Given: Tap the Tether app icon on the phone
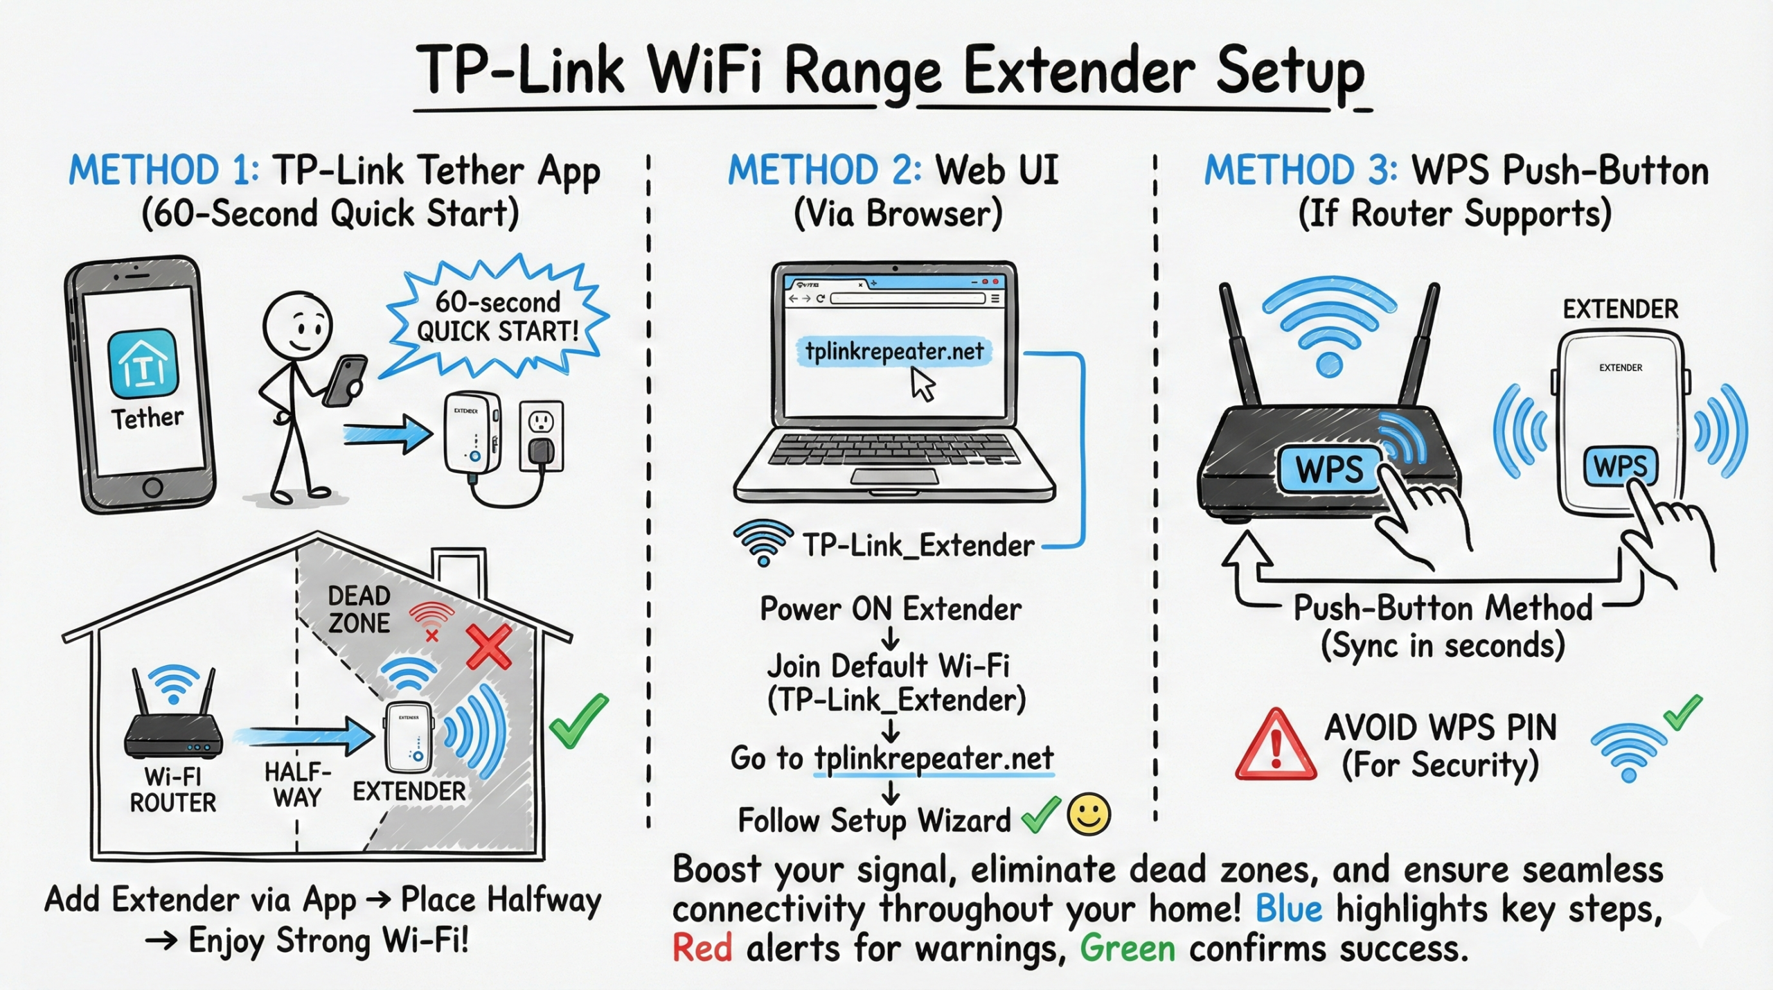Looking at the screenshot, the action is point(143,363).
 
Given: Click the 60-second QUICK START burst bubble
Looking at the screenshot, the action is point(497,317).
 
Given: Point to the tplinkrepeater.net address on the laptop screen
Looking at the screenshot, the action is point(893,352).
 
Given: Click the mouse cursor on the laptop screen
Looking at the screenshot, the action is point(923,384).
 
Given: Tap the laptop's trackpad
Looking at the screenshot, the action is point(893,476).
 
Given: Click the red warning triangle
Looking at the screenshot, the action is point(1276,747).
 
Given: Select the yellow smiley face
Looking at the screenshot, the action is point(1089,814).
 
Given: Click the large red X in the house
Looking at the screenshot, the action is point(489,646).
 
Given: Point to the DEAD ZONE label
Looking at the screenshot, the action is point(359,610).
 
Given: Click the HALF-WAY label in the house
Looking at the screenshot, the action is point(298,785).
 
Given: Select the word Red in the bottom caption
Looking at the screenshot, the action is point(702,948).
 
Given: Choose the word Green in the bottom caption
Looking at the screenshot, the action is point(1128,948).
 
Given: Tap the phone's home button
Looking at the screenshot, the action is point(152,487).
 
